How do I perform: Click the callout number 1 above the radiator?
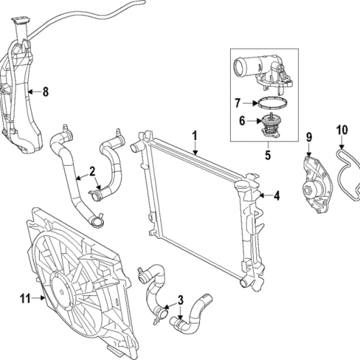click(x=194, y=134)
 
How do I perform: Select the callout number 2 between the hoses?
click(x=92, y=171)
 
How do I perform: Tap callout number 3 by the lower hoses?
click(x=181, y=299)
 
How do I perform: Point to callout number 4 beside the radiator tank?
click(x=276, y=194)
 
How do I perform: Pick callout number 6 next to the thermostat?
click(x=242, y=121)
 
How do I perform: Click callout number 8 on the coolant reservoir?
click(x=45, y=92)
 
